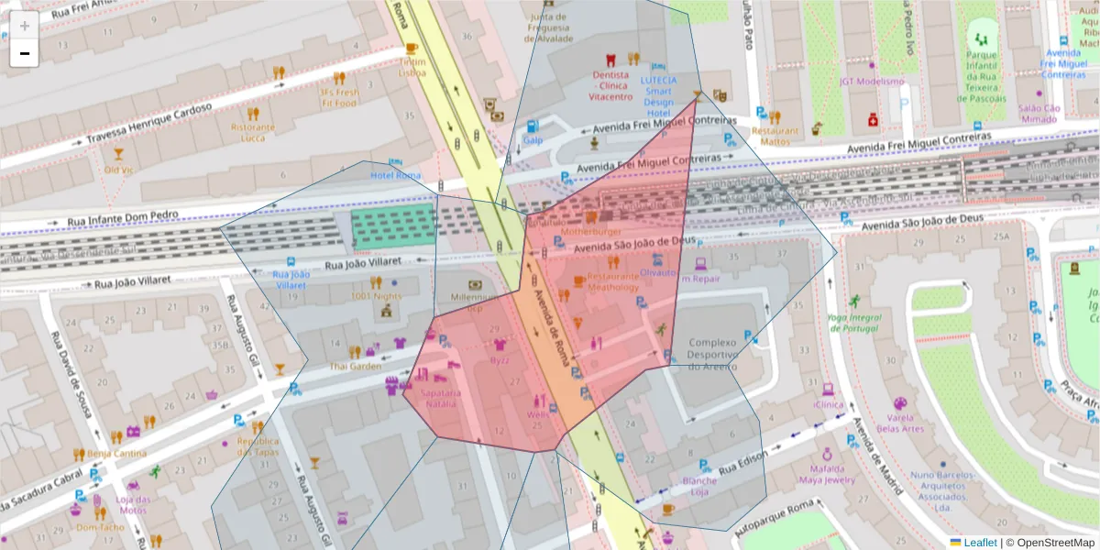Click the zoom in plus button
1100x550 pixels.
[x=25, y=26]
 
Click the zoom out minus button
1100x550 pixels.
[x=25, y=53]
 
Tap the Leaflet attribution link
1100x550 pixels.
[x=980, y=543]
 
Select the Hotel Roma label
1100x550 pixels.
[x=395, y=175]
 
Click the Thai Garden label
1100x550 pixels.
[x=356, y=367]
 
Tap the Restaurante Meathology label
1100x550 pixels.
[x=613, y=281]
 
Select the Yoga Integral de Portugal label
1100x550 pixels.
[x=854, y=324]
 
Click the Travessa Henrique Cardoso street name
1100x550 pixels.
[x=149, y=123]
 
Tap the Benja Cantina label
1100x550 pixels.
[x=117, y=453]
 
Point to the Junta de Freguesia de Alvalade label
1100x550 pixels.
[x=548, y=27]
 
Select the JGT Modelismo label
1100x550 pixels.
[x=871, y=81]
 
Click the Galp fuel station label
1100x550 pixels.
[x=533, y=139]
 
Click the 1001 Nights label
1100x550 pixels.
[x=376, y=296]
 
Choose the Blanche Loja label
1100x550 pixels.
[x=700, y=486]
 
